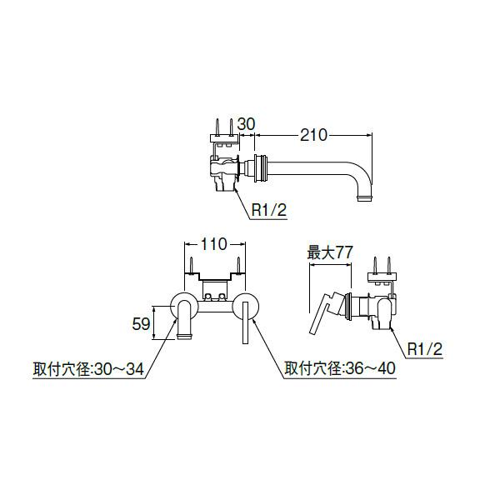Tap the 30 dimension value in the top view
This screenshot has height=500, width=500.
(246, 124)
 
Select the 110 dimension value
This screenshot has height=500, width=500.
(214, 245)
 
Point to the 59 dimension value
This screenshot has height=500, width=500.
(142, 322)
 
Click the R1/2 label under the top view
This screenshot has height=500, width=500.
(270, 212)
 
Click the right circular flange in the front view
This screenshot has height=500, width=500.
(245, 306)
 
